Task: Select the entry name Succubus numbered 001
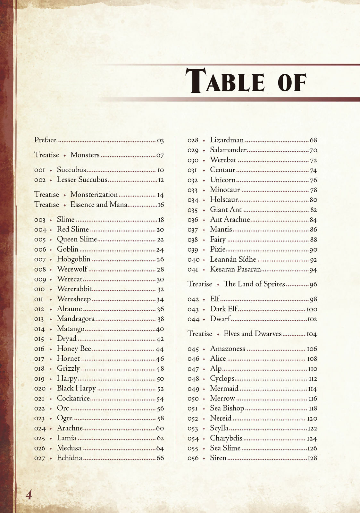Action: [x=71, y=170]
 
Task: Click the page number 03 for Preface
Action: [x=160, y=140]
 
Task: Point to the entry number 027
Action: [x=40, y=458]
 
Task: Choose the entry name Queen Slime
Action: [x=77, y=240]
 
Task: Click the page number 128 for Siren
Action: [x=312, y=458]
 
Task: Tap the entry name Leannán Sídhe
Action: [x=233, y=259]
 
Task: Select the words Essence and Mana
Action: [x=99, y=205]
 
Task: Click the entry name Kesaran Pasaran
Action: [x=235, y=269]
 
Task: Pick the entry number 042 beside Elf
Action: [x=193, y=299]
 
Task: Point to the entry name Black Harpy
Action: [x=76, y=388]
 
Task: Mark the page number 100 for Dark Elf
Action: [x=312, y=309]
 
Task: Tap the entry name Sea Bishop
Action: [x=227, y=408]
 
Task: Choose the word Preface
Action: [x=45, y=140]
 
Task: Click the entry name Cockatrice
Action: [x=73, y=398]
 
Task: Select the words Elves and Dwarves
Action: [x=253, y=334]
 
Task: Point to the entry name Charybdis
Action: [x=226, y=438]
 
